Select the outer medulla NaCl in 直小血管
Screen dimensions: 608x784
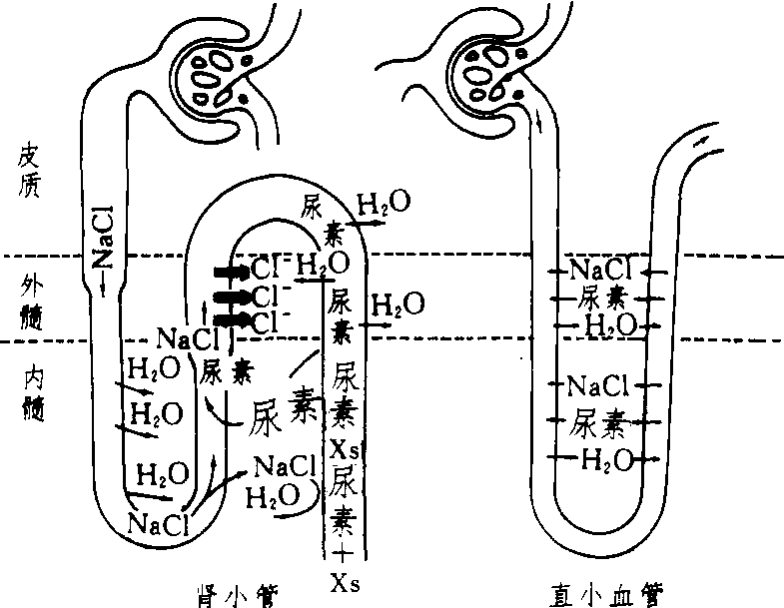(x=600, y=270)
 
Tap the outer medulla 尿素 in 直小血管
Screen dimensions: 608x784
(x=600, y=298)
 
